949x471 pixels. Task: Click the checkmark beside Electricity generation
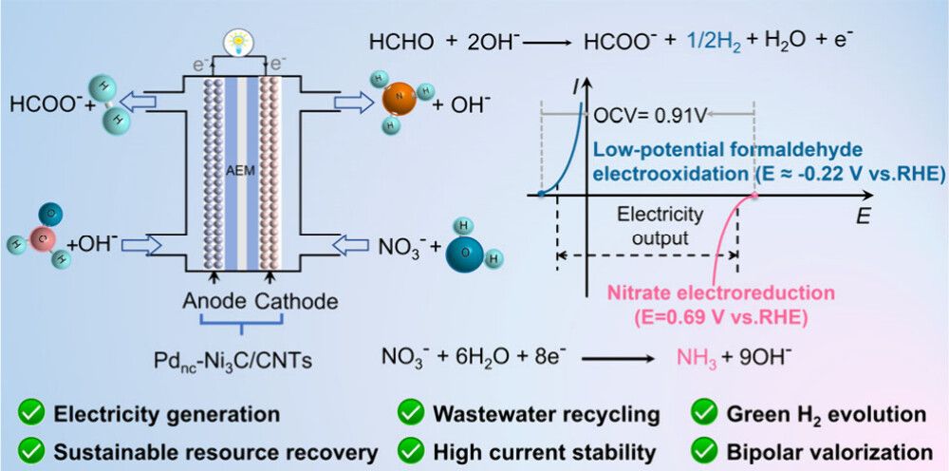[33, 414]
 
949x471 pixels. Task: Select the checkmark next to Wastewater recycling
[411, 414]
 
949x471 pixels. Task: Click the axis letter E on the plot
[863, 216]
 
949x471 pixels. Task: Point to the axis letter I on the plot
[578, 88]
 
